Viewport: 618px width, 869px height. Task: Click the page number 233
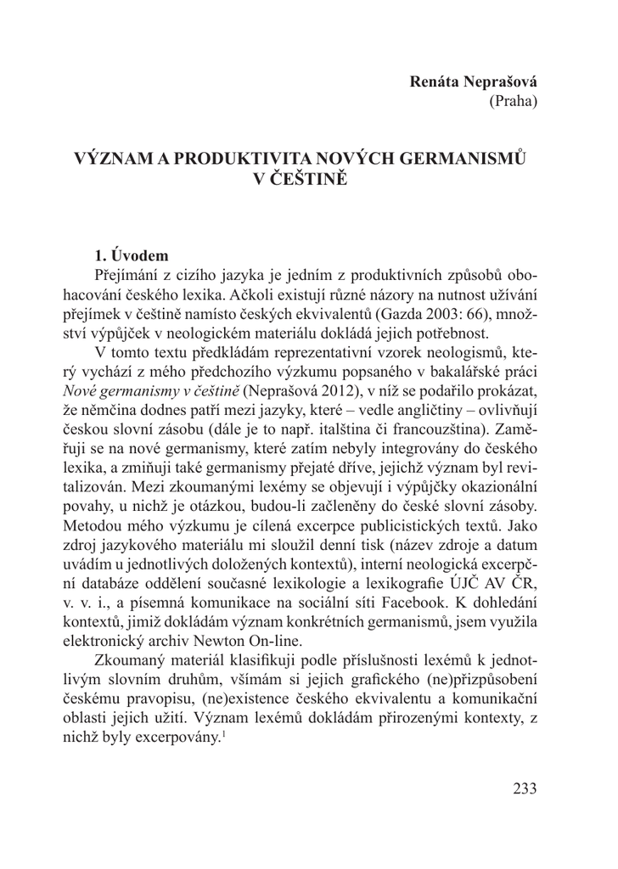(525, 789)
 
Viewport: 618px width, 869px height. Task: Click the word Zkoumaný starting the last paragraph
(132, 664)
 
